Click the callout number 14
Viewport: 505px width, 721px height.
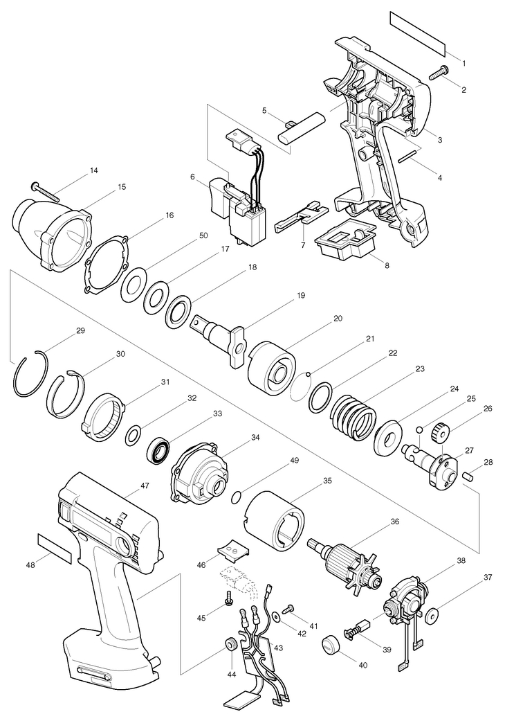click(x=93, y=170)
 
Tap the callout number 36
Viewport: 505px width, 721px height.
click(x=395, y=522)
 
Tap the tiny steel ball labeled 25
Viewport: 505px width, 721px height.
click(x=419, y=429)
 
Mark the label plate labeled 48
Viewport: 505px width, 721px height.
click(x=55, y=548)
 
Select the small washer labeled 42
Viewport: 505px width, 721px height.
click(x=277, y=615)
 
